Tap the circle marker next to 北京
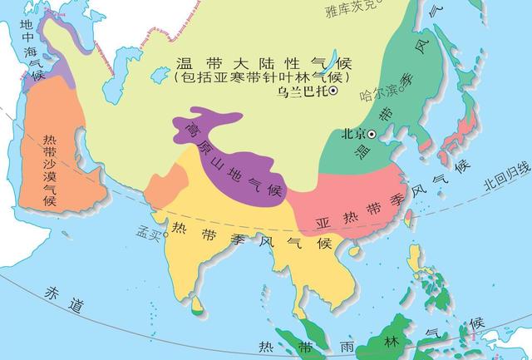pos(372,134)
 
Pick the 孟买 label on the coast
pos(149,234)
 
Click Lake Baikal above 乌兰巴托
pos(331,62)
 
